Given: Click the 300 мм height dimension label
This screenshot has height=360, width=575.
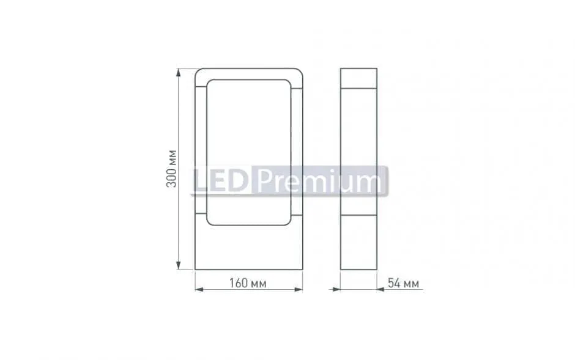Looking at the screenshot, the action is (x=172, y=169).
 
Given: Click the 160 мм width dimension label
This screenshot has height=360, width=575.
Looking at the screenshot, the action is (x=248, y=283).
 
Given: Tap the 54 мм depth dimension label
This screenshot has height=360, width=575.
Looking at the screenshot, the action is (x=403, y=283).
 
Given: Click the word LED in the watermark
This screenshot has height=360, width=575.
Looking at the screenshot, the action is (x=221, y=180).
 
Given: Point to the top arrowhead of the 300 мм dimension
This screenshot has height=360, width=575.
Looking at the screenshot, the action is (x=179, y=73).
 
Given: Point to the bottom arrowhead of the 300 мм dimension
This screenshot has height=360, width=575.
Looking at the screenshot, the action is (x=179, y=265).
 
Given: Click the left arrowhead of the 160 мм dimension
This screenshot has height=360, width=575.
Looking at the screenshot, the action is (x=199, y=289).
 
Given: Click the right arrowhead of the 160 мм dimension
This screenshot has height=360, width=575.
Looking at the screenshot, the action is (x=299, y=289).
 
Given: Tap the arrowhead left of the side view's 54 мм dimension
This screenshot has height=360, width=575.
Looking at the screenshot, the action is (x=336, y=289).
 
